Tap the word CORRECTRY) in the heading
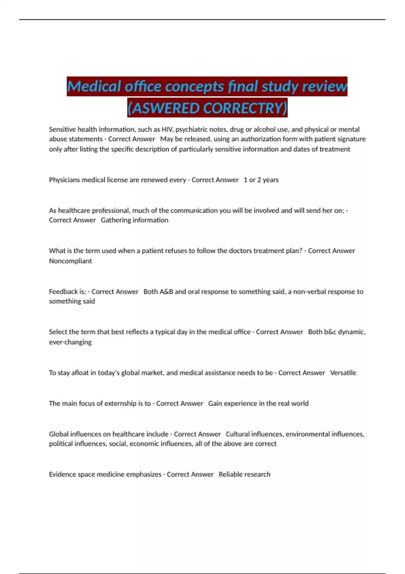point(245,108)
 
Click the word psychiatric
point(190,129)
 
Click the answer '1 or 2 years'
point(261,180)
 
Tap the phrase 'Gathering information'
point(134,220)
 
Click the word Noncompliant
point(70,261)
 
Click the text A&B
point(166,291)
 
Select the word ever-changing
point(70,342)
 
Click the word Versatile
point(343,373)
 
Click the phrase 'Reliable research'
point(244,474)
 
